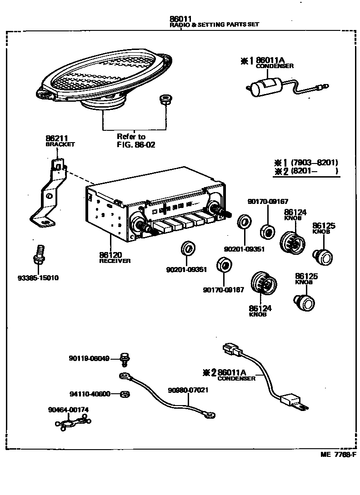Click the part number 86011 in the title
tap(180, 19)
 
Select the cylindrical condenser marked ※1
tap(265, 85)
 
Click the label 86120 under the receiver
tap(110, 255)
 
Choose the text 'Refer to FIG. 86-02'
tap(135, 141)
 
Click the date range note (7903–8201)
tap(314, 163)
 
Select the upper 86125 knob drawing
tap(323, 257)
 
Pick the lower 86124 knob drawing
tap(264, 282)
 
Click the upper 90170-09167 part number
tap(268, 202)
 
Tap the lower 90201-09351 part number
tap(186, 270)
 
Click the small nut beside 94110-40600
tap(125, 394)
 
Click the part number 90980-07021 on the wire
tap(188, 390)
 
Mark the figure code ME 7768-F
tap(338, 455)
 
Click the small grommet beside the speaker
tap(165, 99)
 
